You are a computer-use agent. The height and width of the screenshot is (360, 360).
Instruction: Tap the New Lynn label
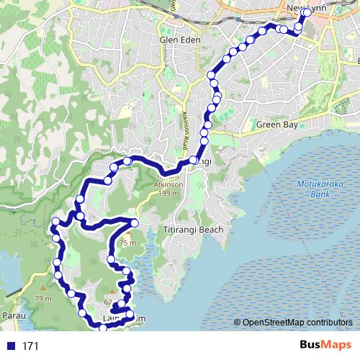coord(303,8)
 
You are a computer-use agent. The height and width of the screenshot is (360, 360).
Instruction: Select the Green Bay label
coord(277,125)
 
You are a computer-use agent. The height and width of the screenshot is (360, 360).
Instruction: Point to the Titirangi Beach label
coord(193,230)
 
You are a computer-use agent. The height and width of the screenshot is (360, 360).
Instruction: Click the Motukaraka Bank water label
coord(314,189)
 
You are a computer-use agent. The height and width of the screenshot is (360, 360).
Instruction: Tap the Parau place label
coord(13,315)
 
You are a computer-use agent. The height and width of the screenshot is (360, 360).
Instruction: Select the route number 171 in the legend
coord(30,346)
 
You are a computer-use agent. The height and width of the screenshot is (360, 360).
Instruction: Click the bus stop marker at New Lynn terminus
coord(308,13)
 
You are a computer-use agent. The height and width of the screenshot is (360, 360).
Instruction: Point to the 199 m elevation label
coord(170,194)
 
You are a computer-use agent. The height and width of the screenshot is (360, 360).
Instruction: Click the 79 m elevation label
coord(43,299)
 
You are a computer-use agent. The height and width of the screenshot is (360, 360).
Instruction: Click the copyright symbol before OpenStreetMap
coord(237,322)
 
